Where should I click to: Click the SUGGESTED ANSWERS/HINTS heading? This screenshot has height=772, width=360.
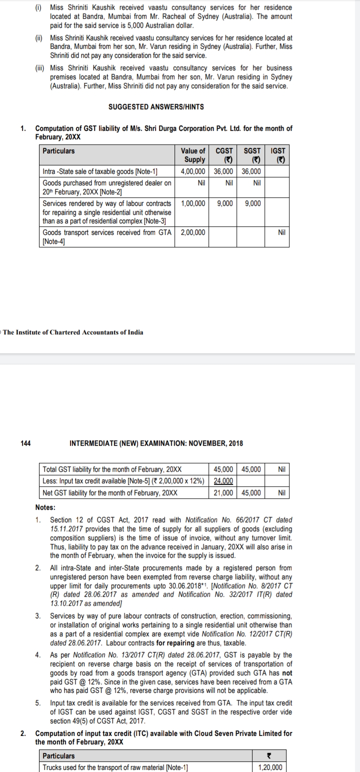click(x=156, y=107)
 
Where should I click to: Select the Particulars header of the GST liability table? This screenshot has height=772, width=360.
click(x=59, y=150)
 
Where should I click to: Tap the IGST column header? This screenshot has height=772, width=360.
click(x=277, y=155)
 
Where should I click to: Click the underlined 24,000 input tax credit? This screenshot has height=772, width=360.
click(x=223, y=481)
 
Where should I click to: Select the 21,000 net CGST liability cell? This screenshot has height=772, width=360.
click(x=223, y=492)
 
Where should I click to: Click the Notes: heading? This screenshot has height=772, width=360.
click(x=45, y=507)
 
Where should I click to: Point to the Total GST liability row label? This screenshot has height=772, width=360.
click(x=112, y=469)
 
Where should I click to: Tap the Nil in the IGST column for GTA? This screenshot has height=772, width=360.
click(x=281, y=232)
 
